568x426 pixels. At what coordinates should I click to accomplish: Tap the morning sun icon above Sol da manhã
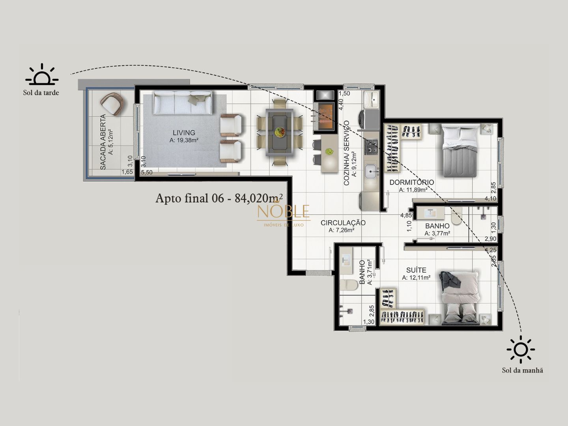[521, 349]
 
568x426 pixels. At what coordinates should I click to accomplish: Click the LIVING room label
[184, 133]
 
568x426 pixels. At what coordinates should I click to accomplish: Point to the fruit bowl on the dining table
[280, 131]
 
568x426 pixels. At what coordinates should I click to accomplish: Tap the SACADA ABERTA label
[103, 142]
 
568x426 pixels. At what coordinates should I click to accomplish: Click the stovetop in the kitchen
[371, 146]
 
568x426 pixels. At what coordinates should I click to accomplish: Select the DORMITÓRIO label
[412, 182]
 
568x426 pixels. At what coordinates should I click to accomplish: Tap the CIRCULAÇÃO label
[343, 223]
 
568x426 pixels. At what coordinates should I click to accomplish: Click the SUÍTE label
[416, 270]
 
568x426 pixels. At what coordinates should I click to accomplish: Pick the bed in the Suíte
[460, 297]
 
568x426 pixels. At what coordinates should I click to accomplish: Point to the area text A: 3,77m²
[437, 233]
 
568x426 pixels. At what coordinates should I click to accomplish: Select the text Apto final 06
[189, 198]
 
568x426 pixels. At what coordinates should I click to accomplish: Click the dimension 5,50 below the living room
[147, 172]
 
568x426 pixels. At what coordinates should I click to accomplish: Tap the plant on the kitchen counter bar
[329, 151]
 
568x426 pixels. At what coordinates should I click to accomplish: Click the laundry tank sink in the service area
[371, 99]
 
